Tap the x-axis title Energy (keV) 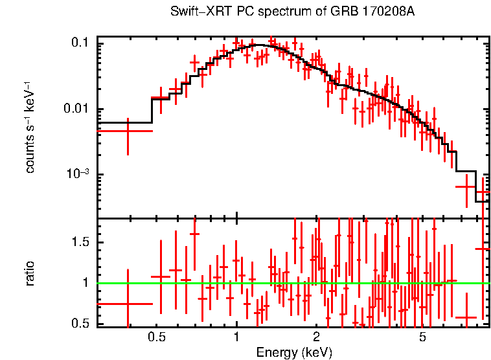[x=294, y=352]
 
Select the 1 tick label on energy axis [x=236, y=337]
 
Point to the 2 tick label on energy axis [x=316, y=337]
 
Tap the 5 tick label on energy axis [x=422, y=337]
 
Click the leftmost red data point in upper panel [x=128, y=131]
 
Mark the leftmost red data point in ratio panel [x=128, y=303]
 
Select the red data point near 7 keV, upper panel [x=466, y=186]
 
